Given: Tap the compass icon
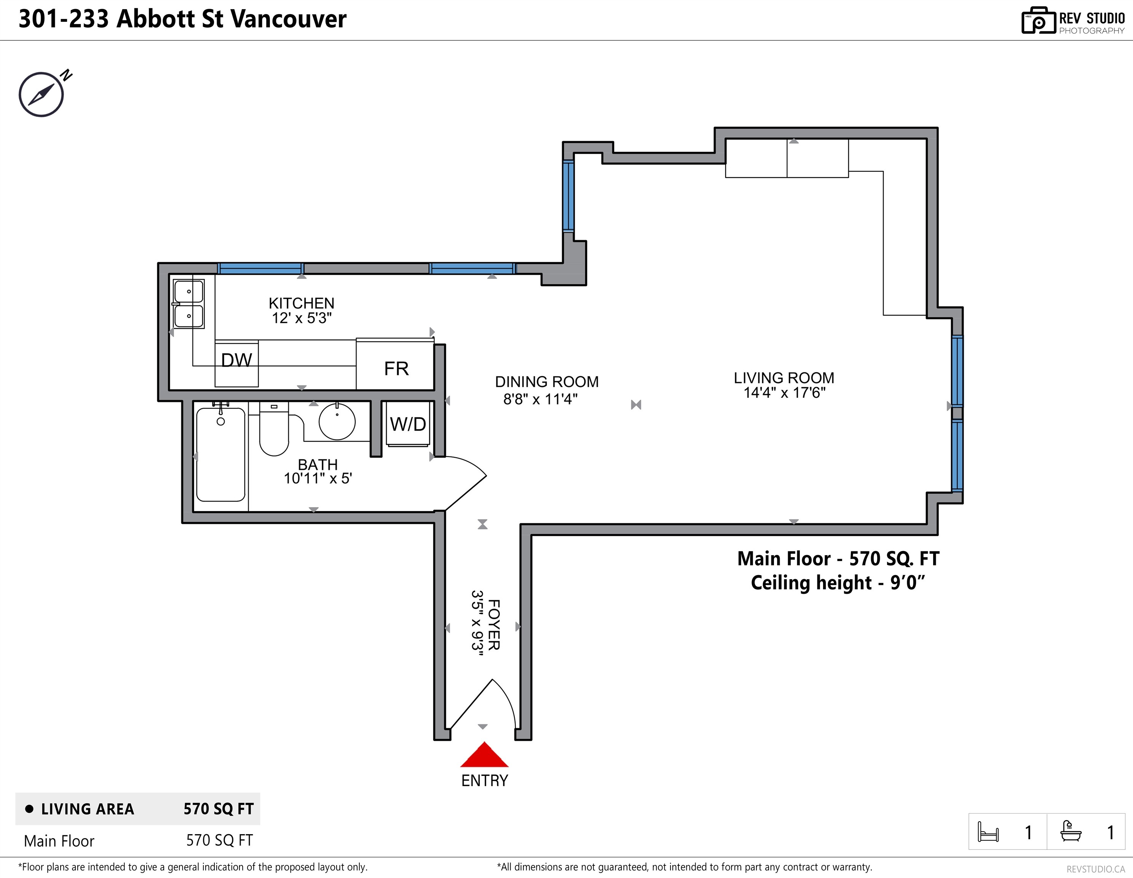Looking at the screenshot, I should [41, 94].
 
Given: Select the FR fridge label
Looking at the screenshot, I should [396, 369].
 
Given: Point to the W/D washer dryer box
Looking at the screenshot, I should [408, 424].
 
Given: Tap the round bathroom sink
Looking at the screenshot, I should [337, 421].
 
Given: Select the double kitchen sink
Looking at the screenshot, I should [189, 304].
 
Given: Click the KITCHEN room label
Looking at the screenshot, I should [302, 303].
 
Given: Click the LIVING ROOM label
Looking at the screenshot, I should [784, 378].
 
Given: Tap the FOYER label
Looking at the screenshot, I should [494, 625].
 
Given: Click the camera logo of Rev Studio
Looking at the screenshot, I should [1038, 21].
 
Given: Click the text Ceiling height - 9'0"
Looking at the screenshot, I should [838, 583].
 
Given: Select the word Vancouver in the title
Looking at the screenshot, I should [289, 19].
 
